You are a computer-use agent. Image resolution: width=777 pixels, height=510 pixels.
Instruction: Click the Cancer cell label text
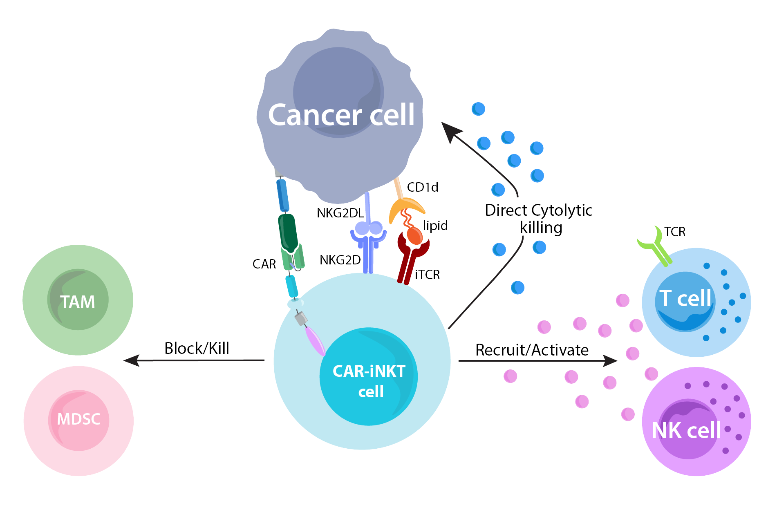point(341,115)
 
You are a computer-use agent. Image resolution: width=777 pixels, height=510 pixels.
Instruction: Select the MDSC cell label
point(78,419)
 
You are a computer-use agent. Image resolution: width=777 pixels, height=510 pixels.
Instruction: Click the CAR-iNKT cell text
point(369,381)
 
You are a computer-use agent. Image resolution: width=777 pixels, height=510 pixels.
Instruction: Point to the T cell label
point(685,298)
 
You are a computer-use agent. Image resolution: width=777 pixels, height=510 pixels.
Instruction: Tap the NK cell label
point(686,430)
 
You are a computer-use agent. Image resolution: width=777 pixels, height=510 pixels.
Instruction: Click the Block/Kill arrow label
point(197,348)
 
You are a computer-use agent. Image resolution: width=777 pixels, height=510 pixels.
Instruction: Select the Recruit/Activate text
point(532,350)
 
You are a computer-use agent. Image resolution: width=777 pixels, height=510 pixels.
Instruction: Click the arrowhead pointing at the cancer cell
point(451,132)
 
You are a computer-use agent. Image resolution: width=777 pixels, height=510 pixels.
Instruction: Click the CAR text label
point(264,264)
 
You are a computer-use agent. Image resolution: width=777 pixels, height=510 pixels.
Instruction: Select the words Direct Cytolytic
point(539,210)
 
